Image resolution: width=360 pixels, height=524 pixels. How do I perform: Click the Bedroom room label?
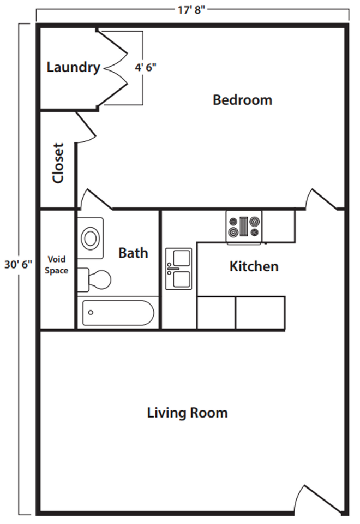point(242,100)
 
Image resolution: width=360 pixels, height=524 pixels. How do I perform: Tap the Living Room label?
point(187,413)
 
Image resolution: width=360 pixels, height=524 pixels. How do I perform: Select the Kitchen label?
point(254,266)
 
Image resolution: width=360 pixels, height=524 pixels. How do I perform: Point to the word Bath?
point(133,253)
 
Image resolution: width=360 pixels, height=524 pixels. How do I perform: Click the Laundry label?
point(74,68)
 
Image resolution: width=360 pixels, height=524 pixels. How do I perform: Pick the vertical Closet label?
point(58,163)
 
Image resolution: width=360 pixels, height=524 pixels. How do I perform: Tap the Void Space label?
point(56,265)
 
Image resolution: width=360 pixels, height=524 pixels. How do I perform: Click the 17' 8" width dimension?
point(191,10)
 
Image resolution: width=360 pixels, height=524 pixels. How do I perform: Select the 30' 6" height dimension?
point(18,264)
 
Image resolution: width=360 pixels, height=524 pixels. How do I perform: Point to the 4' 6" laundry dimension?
point(145,67)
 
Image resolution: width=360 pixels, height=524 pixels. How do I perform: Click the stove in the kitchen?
point(244,227)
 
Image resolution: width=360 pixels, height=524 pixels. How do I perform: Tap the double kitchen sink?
point(179,269)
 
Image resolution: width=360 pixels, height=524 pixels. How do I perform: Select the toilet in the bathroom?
point(94,279)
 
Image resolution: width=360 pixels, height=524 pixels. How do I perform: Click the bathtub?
point(118,313)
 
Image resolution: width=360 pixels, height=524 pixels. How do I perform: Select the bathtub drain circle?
point(91,313)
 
